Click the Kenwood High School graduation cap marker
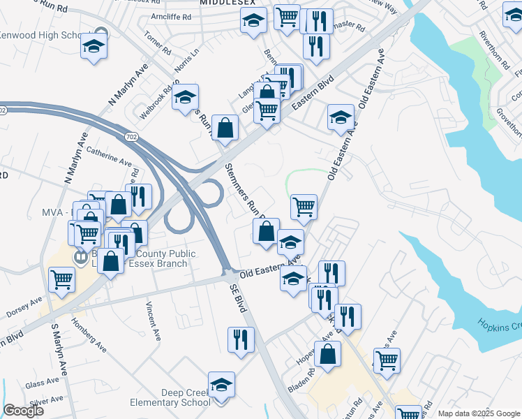click(94, 47)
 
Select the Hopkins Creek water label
click(499, 325)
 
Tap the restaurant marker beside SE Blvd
click(241, 340)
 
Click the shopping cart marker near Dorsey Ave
click(62, 280)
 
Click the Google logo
click(23, 410)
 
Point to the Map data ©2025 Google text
click(477, 413)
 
